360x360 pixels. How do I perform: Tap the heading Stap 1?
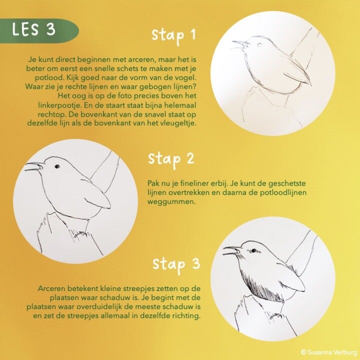tap(173, 35)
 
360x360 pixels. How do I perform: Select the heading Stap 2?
tap(171, 159)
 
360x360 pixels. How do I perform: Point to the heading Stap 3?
tap(176, 264)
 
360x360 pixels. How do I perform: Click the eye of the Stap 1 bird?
tap(259, 45)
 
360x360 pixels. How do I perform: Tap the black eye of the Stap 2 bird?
tap(57, 166)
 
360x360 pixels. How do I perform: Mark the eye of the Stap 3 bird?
tap(253, 250)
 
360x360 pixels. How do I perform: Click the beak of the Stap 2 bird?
tap(34, 166)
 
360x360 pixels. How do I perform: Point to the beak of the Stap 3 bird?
tap(232, 250)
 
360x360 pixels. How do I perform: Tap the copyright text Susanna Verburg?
tap(329, 352)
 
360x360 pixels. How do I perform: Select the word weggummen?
tap(171, 202)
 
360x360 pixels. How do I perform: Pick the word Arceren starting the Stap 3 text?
tap(52, 288)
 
